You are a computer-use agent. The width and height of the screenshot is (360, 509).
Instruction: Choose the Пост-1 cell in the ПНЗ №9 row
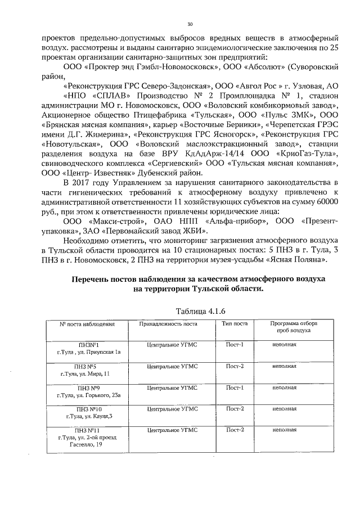pyautogui.click(x=234, y=388)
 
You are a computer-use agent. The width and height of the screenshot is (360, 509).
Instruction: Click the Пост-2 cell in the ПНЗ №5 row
pyautogui.click(x=234, y=366)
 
